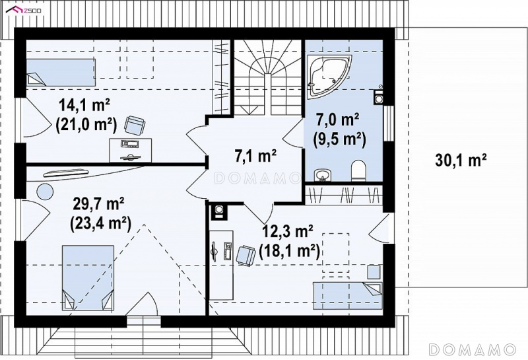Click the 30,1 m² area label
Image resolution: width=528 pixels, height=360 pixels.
tap(461, 160)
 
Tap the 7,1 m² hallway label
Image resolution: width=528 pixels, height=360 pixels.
tap(255, 156)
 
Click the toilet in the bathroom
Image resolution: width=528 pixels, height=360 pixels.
tap(358, 170)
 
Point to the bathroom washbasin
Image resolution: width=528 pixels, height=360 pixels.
tap(323, 175)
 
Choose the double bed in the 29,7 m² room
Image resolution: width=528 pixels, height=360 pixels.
tap(88, 277)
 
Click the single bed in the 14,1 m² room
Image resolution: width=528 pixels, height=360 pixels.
tap(61, 73)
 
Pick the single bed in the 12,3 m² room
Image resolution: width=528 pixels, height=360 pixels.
tap(348, 296)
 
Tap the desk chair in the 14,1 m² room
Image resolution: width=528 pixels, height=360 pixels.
tap(135, 125)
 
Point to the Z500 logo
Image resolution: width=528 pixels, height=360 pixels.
tap(24, 11)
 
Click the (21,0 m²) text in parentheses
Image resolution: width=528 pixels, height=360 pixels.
tap(86, 125)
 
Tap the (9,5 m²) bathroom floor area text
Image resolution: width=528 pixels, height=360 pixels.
tap(339, 139)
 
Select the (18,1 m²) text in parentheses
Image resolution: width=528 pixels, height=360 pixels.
tap(289, 251)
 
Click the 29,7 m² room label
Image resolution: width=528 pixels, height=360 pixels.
tap(98, 203)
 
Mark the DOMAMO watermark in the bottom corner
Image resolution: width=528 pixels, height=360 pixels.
tap(473, 349)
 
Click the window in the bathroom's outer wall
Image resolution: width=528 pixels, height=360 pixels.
tap(389, 124)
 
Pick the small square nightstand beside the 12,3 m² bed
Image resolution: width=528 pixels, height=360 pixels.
tap(374, 272)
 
